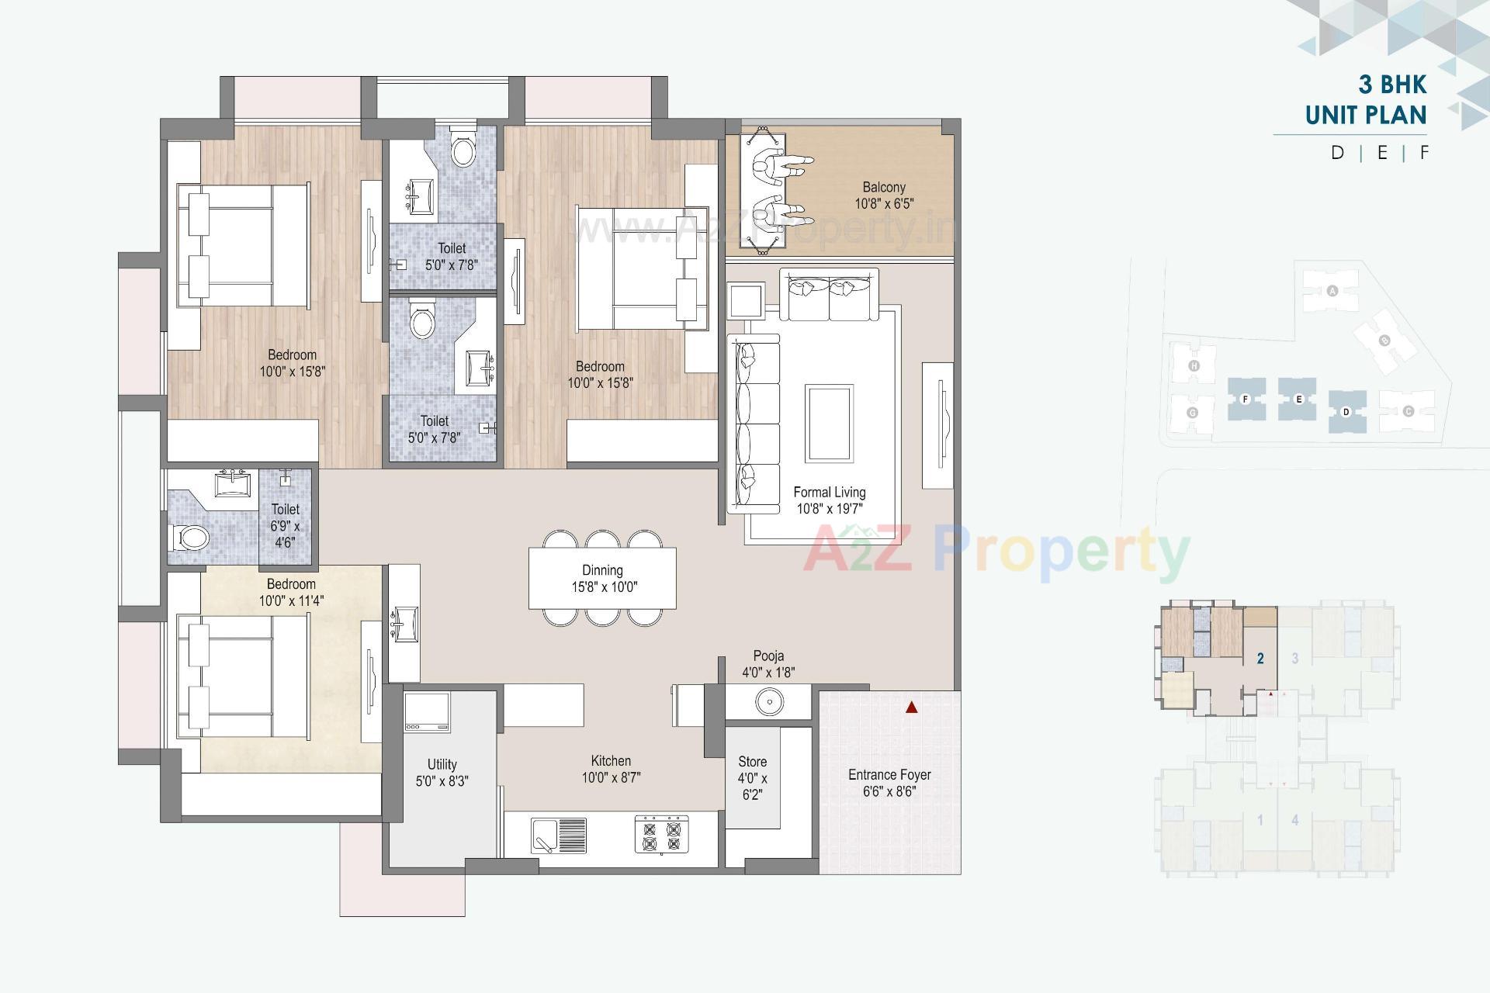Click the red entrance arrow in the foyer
click(x=912, y=708)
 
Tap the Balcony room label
click(x=884, y=187)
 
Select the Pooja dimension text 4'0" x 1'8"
click(x=768, y=673)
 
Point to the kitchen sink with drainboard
click(x=559, y=836)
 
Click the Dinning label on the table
click(x=602, y=570)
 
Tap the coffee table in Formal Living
click(x=829, y=424)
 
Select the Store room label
click(x=752, y=762)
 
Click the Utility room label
click(x=442, y=764)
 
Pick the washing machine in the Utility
click(x=427, y=712)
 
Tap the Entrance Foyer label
click(x=889, y=774)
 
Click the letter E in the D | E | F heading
click(x=1382, y=153)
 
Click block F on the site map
click(x=1246, y=400)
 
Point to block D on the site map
click(x=1346, y=411)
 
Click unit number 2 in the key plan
click(x=1260, y=659)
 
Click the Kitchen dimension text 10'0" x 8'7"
click(x=611, y=778)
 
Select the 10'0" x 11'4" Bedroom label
click(x=291, y=600)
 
